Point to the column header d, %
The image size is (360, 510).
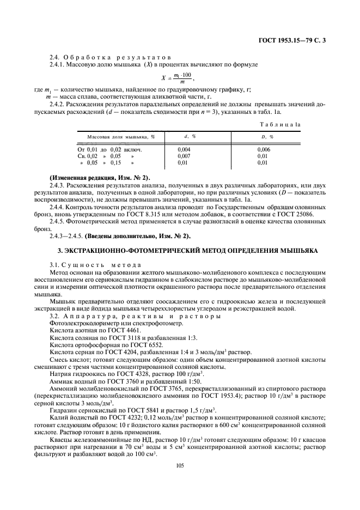click(189, 136)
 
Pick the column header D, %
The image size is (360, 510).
click(267, 136)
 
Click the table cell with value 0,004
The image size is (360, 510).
click(184, 149)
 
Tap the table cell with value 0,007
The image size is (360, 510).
click(184, 155)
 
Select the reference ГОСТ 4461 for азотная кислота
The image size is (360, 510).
click(112, 330)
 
